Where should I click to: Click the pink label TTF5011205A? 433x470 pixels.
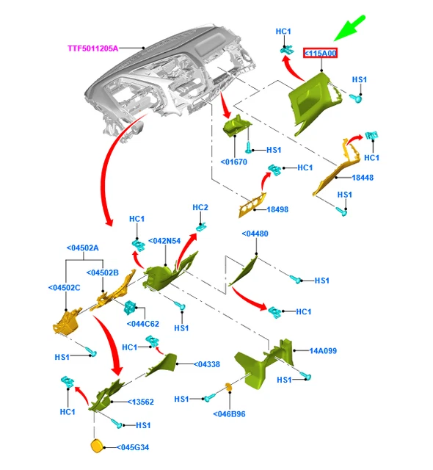coord(92,48)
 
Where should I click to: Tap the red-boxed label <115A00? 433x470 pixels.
coord(320,53)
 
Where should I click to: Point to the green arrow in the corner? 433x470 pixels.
coord(349,29)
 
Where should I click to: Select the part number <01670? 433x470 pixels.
coord(234,162)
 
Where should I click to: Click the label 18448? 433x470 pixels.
coord(363,178)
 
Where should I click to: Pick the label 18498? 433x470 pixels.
coord(277,209)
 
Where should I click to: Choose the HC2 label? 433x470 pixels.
coord(200,207)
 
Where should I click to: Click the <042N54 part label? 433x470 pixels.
coord(164,241)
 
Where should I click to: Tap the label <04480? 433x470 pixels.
coord(255,234)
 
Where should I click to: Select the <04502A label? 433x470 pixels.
coord(82,248)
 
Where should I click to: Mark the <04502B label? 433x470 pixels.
coord(103,272)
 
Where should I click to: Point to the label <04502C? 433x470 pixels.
coord(64,288)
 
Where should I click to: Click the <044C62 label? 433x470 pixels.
coord(143,324)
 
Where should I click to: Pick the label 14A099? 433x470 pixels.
coord(323,351)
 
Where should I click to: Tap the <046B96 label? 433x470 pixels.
coord(229,414)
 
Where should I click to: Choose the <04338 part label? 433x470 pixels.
coord(207,364)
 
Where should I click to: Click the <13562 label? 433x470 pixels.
coord(140,402)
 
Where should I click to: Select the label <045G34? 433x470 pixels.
coord(133,447)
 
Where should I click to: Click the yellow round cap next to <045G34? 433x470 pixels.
coord(96,446)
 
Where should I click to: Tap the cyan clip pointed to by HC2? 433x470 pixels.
coord(201,228)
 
